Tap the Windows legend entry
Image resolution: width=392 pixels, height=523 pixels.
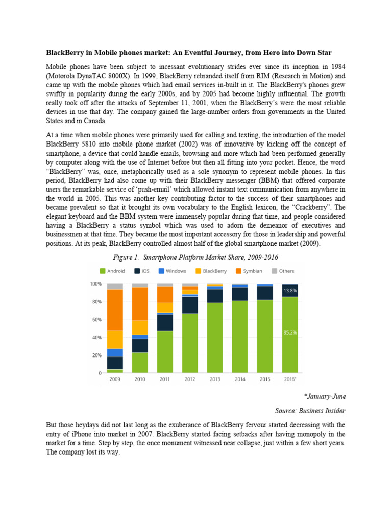[x=173, y=271]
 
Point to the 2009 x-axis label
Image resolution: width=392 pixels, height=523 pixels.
[x=115, y=380]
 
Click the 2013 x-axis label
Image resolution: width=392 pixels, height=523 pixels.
[x=215, y=380]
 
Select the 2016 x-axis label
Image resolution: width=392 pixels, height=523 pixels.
[x=290, y=380]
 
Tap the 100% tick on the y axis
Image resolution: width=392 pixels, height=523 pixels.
[x=95, y=284]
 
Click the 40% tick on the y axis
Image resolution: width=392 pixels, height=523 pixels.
[x=96, y=338]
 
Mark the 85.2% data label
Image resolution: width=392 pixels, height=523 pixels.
[x=290, y=332]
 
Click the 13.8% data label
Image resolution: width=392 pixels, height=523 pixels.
[x=290, y=290]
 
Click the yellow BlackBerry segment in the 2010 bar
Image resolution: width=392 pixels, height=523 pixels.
[x=140, y=327]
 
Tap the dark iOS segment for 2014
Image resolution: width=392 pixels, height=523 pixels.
[x=240, y=294]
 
